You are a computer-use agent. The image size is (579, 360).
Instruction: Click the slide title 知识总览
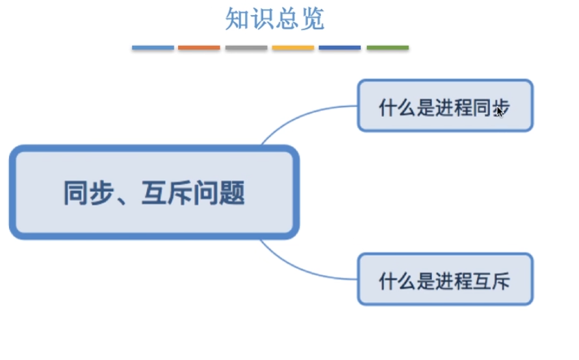coord(275,18)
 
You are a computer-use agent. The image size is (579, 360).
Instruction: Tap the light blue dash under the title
coord(153,47)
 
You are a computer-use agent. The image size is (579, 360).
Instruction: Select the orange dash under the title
coord(199,47)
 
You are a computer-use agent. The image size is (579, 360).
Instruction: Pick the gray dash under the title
coord(246,47)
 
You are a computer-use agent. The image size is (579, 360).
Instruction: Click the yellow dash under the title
coord(293,47)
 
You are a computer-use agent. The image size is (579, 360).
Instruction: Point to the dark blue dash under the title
coord(340,47)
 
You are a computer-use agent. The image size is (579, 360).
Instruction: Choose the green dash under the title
coord(388,47)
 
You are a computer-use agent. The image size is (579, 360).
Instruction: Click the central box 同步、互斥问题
coord(155,192)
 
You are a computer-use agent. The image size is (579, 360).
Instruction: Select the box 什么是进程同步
coord(445,106)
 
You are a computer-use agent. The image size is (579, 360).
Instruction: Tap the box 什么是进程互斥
coord(445,279)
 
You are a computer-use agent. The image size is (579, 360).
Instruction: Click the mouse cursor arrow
coord(499,112)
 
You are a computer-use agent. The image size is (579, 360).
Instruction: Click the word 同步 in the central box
coord(88,192)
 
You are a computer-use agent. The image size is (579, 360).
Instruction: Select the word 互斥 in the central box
coord(167,192)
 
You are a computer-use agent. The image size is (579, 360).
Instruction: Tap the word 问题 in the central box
coord(219,192)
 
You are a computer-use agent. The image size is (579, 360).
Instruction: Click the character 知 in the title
coord(237,18)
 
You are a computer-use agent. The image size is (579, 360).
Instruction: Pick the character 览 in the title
coord(313,18)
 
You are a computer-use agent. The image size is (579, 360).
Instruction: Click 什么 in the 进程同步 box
coord(397,107)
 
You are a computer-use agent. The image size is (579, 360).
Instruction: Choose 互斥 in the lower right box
coord(491,281)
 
